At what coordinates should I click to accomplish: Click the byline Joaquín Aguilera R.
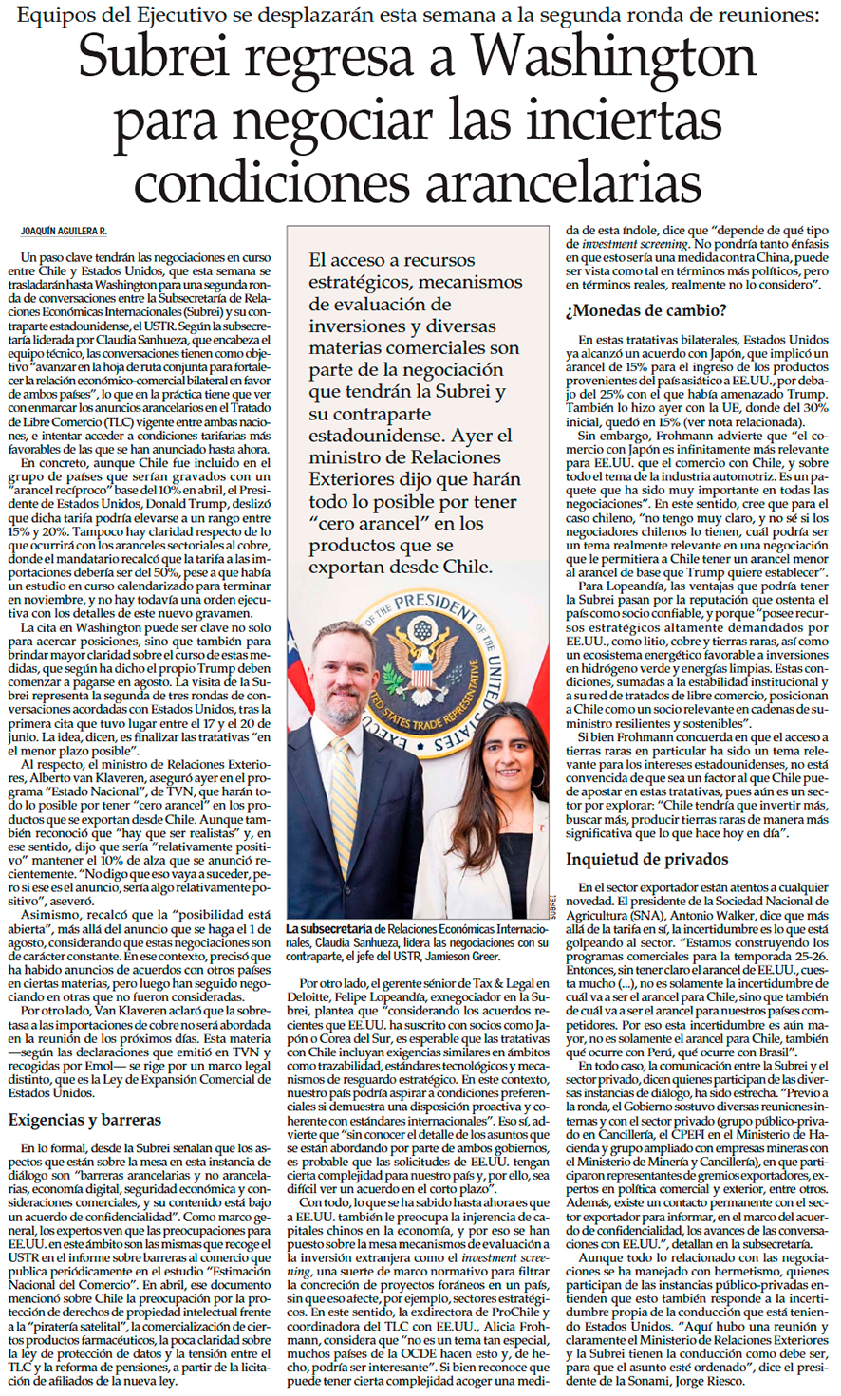pyautogui.click(x=64, y=232)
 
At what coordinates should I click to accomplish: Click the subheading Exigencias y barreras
pyautogui.click(x=84, y=1120)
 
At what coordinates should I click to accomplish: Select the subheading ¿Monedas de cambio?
pyautogui.click(x=646, y=310)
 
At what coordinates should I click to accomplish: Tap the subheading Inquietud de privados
pyautogui.click(x=646, y=859)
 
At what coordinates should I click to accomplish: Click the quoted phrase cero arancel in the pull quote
pyautogui.click(x=350, y=524)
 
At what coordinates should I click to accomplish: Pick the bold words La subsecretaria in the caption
pyautogui.click(x=331, y=928)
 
